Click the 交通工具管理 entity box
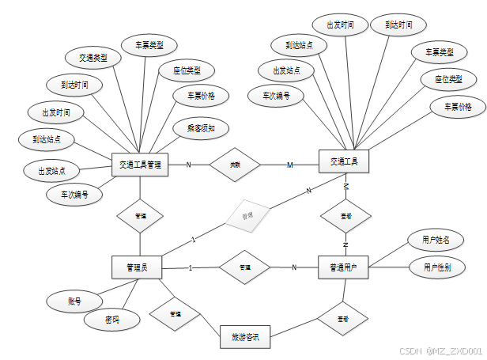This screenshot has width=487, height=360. coord(140,165)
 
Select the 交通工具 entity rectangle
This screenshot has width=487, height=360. coord(344,162)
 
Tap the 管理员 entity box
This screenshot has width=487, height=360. coord(136,267)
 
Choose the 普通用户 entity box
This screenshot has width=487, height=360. coord(344,267)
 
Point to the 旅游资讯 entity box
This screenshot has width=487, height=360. coord(244,337)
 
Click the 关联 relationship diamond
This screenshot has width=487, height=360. coord(235,165)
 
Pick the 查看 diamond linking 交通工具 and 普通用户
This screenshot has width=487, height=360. coord(345,215)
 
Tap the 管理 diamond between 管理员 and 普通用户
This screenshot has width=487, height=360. coord(244,267)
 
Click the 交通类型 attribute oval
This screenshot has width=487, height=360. coord(92,58)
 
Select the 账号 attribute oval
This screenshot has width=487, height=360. coord(74,301)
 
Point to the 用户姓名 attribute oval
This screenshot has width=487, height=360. coord(436,239)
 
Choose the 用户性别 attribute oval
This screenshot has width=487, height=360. coord(436,267)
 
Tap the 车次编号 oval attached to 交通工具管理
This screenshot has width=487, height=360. coord(74,193)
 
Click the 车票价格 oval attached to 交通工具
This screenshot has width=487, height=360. coord(457,107)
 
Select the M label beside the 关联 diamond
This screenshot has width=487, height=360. coord(289,165)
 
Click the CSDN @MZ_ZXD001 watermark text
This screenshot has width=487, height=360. coord(440,351)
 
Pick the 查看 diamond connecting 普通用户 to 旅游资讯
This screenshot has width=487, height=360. coord(342,320)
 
